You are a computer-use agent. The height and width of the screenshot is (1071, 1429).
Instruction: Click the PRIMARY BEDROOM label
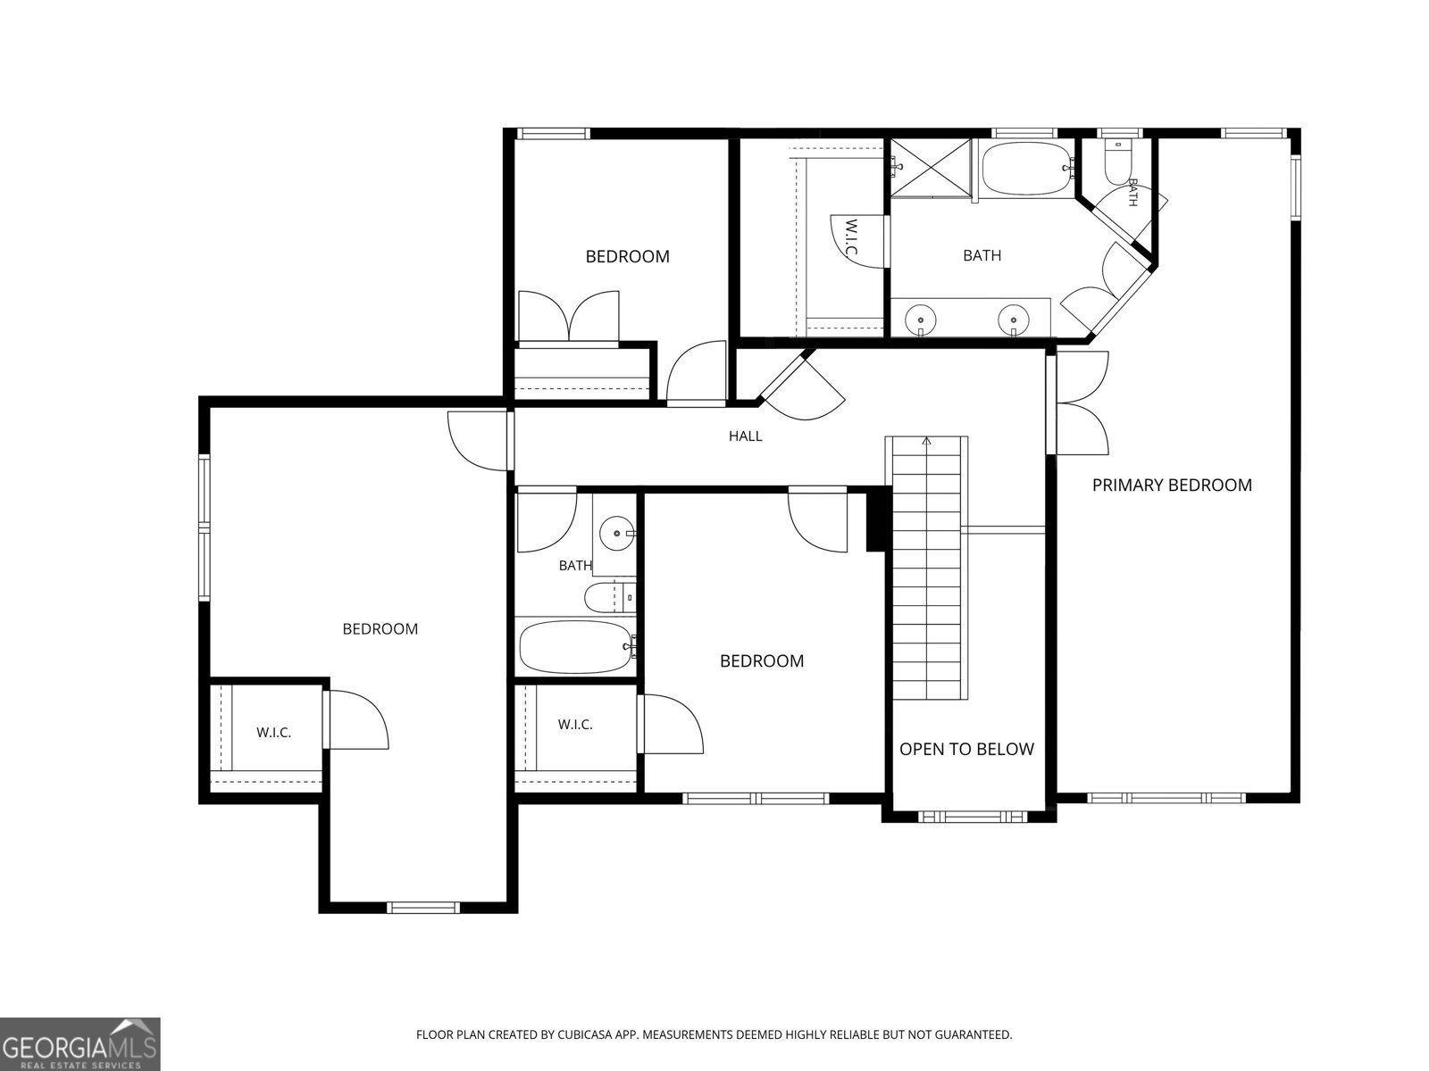(x=1172, y=486)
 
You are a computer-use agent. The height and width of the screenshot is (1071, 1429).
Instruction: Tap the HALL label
(x=746, y=436)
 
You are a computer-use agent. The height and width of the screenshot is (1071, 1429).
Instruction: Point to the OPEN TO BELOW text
(x=966, y=749)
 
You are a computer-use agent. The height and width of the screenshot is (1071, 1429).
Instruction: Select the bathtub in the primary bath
(x=1026, y=169)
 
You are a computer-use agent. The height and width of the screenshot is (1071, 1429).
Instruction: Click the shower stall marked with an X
(x=931, y=167)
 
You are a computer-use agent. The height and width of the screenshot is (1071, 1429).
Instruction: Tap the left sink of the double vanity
(x=921, y=320)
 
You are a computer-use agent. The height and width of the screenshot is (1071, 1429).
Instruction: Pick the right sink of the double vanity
(x=1014, y=320)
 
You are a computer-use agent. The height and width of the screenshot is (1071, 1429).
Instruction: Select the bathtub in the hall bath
(x=575, y=647)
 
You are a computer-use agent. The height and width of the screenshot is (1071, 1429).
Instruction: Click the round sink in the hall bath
(x=616, y=533)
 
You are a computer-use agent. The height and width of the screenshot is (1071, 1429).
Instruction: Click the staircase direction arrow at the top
(x=926, y=442)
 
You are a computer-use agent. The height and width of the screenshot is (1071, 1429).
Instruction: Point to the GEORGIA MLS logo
(x=80, y=1043)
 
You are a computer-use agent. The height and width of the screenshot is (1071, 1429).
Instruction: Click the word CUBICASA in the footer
(x=585, y=1034)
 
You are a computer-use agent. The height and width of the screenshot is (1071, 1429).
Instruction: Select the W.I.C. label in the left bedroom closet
(x=273, y=733)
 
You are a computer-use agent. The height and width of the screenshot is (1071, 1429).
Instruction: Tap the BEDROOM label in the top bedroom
(x=628, y=257)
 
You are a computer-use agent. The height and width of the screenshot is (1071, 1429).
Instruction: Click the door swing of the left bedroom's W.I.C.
(x=358, y=720)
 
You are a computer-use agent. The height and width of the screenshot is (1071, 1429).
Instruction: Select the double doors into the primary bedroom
(x=1081, y=403)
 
